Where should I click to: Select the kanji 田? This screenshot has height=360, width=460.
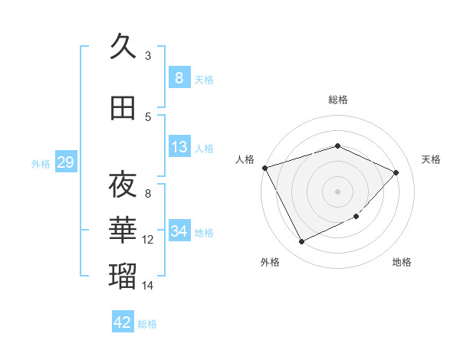point(123,110)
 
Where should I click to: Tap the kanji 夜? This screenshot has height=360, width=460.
point(123,185)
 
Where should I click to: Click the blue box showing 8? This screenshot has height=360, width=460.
point(179,77)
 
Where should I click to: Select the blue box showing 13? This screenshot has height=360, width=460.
point(179,147)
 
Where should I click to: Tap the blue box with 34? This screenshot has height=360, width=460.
point(179,231)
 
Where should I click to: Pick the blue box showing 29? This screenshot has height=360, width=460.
point(65,162)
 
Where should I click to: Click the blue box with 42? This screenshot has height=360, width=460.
point(123,322)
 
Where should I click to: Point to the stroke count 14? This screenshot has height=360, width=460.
point(148,286)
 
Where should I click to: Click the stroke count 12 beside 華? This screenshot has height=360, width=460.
point(148,240)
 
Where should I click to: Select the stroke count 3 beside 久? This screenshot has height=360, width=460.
point(148,55)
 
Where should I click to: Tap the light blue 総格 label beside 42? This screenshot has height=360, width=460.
point(148,324)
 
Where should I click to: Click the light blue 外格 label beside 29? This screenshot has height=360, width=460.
point(41,163)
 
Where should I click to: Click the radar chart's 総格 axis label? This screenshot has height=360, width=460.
point(337,100)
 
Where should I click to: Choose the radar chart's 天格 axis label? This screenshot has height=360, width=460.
point(431,159)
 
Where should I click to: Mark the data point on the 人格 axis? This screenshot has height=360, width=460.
point(264,168)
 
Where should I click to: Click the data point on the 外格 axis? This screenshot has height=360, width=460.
point(301,242)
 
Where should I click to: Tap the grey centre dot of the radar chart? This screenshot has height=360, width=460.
point(337,191)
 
